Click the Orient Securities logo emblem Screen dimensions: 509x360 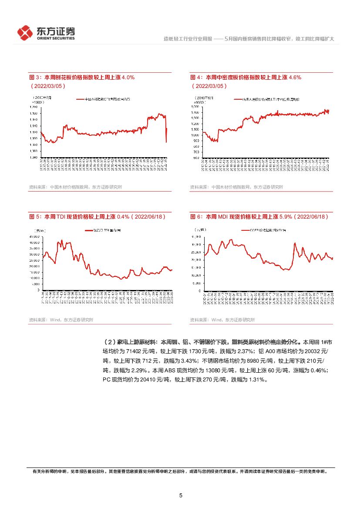[x=25, y=32]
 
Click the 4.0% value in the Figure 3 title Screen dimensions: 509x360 [x=128, y=77]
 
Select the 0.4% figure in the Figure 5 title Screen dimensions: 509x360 [x=124, y=216]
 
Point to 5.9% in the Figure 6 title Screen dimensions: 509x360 [x=286, y=216]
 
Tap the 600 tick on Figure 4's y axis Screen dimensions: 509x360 [x=197, y=158]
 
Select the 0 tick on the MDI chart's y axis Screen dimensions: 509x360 [x=200, y=290]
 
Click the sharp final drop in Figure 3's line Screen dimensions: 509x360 [x=166, y=135]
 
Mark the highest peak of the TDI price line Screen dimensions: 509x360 [x=62, y=240]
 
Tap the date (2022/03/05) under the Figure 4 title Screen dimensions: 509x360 [x=209, y=86]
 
